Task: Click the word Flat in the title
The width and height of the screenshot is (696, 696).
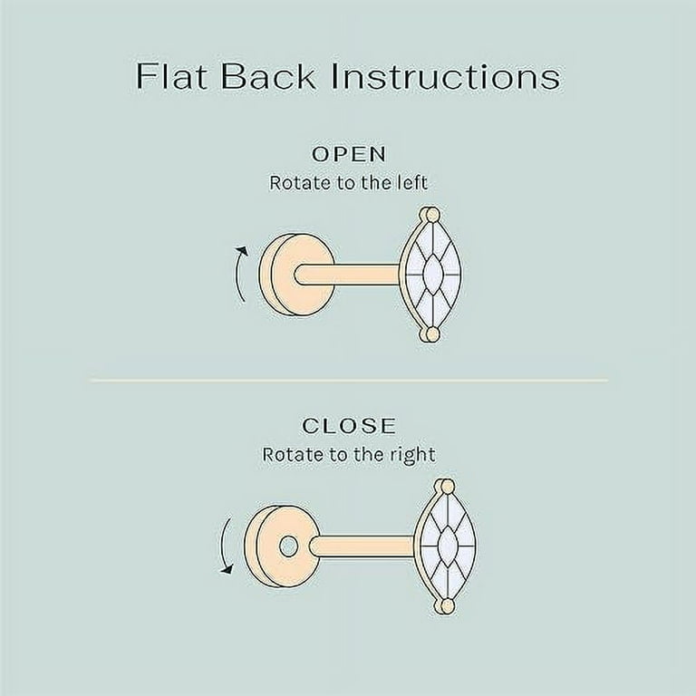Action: pos(172,76)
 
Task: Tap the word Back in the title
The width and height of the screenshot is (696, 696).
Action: pos(268,76)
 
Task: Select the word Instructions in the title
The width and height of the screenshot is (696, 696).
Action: pos(445,76)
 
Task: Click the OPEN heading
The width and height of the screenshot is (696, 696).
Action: pos(349,154)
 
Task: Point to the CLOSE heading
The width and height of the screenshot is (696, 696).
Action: pos(349,426)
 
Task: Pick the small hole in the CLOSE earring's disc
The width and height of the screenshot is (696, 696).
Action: pos(288,546)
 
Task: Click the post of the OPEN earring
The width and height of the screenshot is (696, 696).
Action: pos(348,274)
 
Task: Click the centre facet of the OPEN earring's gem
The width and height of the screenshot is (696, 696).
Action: pos(432,274)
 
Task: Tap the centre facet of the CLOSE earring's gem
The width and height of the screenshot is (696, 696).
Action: pos(447,546)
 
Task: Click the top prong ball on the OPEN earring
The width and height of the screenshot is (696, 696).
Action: pos(431,214)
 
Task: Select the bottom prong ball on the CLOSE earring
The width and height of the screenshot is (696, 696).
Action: pos(446,606)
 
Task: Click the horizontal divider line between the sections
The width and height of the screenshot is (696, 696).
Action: pos(349,380)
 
